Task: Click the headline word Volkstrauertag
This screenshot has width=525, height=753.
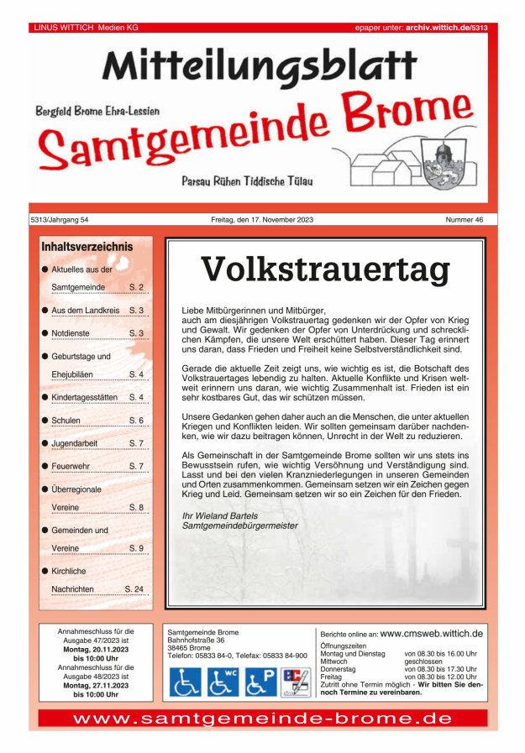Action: (x=325, y=269)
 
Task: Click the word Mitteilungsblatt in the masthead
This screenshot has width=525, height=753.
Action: (x=260, y=65)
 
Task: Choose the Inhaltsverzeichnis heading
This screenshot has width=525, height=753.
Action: (x=87, y=247)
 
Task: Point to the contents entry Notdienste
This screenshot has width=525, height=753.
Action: (x=71, y=333)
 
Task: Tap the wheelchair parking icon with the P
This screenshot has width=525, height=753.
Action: (x=260, y=682)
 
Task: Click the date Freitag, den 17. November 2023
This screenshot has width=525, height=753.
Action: (x=262, y=220)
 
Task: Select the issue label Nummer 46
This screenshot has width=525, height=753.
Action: (x=465, y=220)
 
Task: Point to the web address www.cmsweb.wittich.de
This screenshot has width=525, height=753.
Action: (x=431, y=633)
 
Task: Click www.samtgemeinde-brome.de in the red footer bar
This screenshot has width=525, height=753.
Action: (x=262, y=719)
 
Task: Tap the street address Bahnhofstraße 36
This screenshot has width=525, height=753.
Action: (x=196, y=641)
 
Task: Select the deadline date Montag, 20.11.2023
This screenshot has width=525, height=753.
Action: (x=96, y=649)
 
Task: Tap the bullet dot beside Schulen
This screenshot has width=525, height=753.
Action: (x=44, y=420)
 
